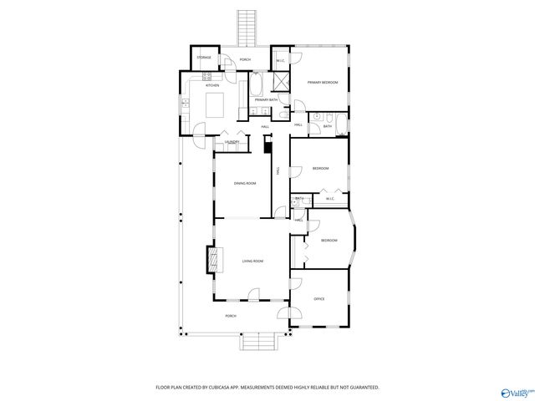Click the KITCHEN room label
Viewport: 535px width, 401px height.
[212, 85]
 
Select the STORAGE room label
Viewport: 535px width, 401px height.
[205, 58]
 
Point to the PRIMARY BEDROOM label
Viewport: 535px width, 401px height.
[320, 82]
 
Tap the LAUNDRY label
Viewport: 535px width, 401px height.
[232, 142]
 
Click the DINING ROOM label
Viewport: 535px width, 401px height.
[244, 183]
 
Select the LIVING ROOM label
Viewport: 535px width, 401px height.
[252, 261]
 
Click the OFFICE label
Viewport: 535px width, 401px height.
[318, 298]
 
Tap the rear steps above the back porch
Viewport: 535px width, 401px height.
[247, 28]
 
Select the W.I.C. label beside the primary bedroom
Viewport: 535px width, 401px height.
[280, 60]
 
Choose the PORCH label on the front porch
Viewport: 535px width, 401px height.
[231, 316]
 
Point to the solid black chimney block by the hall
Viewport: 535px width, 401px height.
[267, 148]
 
